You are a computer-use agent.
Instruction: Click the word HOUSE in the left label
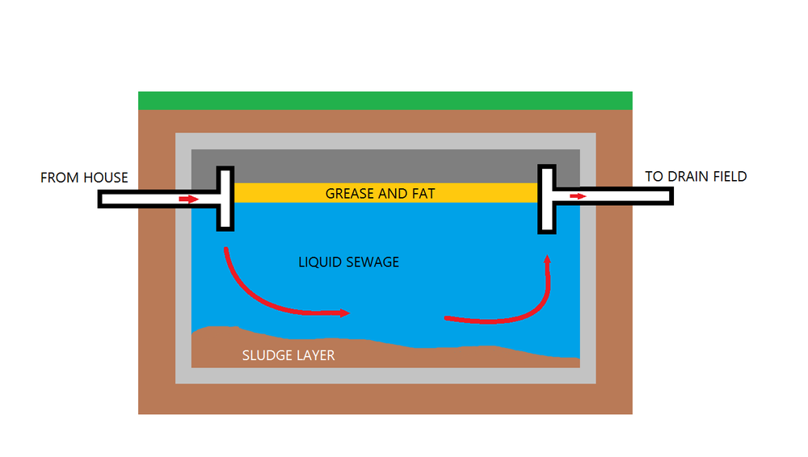[106, 178]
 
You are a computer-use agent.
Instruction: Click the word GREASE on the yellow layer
[349, 194]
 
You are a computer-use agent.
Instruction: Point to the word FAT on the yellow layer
[423, 194]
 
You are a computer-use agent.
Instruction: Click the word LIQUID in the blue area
[319, 262]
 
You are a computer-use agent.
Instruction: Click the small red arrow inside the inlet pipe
[187, 199]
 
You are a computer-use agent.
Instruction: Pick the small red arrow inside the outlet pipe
[578, 195]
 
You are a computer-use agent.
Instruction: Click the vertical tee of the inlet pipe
[225, 199]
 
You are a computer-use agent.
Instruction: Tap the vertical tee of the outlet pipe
[548, 199]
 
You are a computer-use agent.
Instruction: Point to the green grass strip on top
[385, 100]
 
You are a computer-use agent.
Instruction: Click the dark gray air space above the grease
[385, 166]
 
